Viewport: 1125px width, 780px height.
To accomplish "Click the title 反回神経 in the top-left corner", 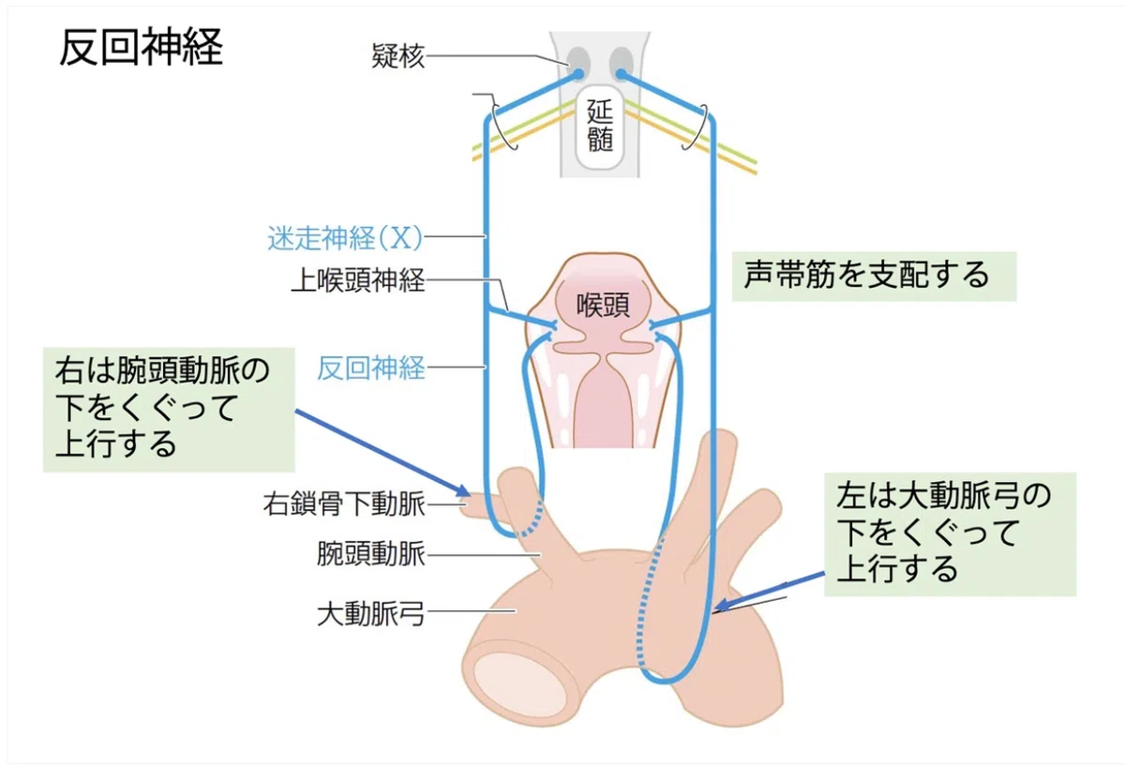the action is pyautogui.click(x=142, y=47).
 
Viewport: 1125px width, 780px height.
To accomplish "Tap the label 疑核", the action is pyautogui.click(x=397, y=55).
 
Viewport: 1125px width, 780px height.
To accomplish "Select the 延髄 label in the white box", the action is pyautogui.click(x=600, y=126).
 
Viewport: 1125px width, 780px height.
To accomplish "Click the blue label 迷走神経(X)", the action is pyautogui.click(x=345, y=237).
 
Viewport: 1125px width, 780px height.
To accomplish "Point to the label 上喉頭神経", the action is pyautogui.click(x=358, y=280).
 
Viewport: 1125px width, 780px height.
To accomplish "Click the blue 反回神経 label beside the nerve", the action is pyautogui.click(x=371, y=368).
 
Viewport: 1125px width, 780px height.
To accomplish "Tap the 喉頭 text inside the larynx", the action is pyautogui.click(x=602, y=305).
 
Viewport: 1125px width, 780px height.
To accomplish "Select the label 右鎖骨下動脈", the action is pyautogui.click(x=344, y=503).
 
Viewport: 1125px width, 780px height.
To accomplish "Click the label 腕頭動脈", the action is pyautogui.click(x=371, y=554).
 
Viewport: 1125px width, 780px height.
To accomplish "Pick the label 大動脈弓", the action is pyautogui.click(x=371, y=614).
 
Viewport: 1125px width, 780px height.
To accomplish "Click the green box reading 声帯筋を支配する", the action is pyautogui.click(x=874, y=277).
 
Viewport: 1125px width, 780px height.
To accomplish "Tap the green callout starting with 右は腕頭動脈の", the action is pyautogui.click(x=169, y=410).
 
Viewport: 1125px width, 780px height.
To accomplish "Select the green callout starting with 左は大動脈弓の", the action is pyautogui.click(x=950, y=534).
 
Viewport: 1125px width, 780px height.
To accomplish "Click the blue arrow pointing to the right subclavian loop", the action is pyautogui.click(x=382, y=453).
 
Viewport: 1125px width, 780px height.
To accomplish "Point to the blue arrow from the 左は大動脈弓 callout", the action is pyautogui.click(x=769, y=592).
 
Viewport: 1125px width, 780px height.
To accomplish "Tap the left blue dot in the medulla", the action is pyautogui.click(x=578, y=74).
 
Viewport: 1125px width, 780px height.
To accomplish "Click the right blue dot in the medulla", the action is pyautogui.click(x=621, y=74).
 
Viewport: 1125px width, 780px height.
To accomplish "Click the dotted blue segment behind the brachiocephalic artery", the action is pyautogui.click(x=533, y=518).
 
